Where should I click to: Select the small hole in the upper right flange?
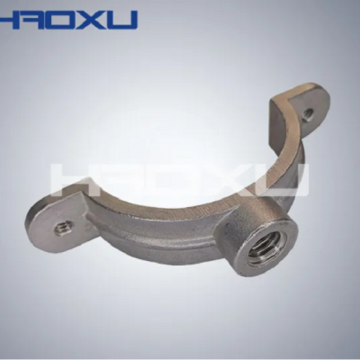coord(308,113)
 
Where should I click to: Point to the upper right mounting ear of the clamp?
coord(300,111)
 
